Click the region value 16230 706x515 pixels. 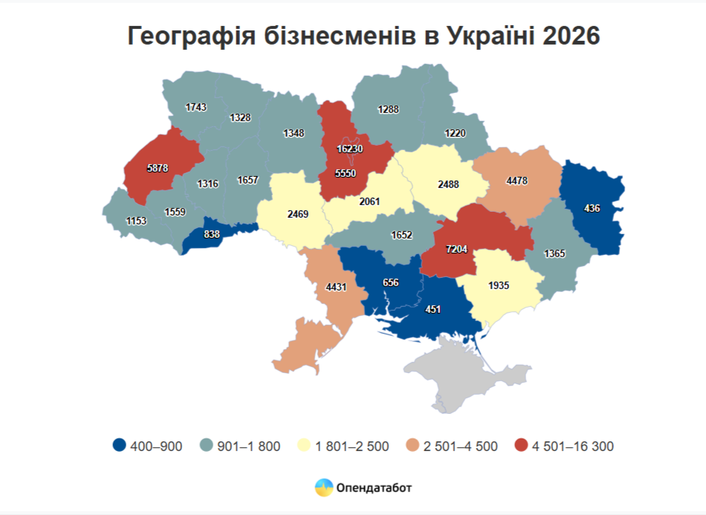(x=349, y=149)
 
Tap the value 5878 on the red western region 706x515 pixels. (x=158, y=169)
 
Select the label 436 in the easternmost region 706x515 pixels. (x=592, y=208)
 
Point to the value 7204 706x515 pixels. (x=456, y=248)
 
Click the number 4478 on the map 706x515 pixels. (x=517, y=180)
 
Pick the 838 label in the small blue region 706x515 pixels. (x=212, y=234)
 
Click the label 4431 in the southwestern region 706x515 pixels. (x=336, y=287)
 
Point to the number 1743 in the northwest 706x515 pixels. (x=195, y=107)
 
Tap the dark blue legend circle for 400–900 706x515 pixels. (x=118, y=446)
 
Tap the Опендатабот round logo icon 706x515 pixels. (x=324, y=488)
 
